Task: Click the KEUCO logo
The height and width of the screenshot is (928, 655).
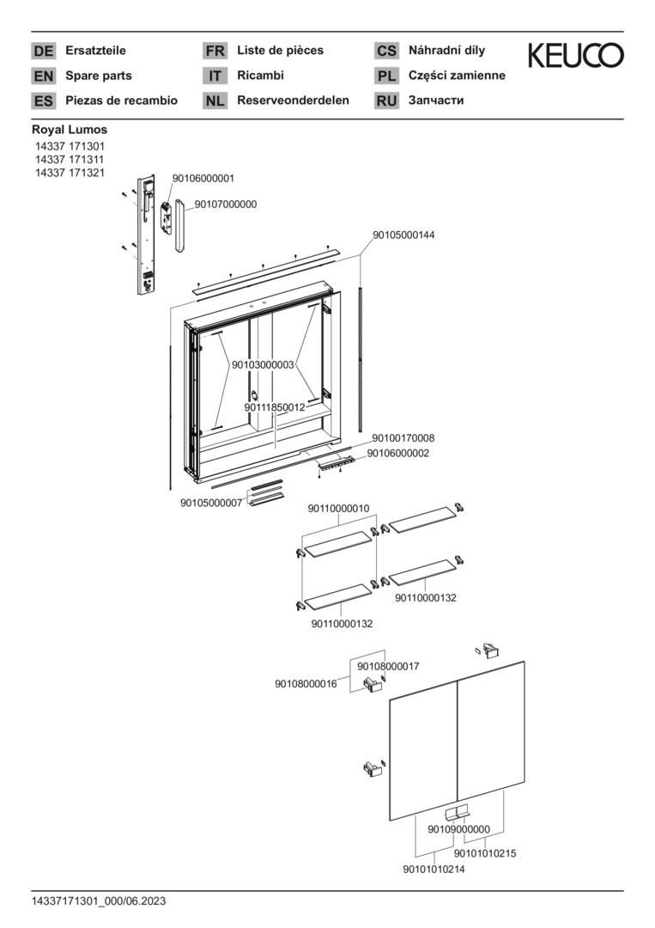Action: tap(575, 56)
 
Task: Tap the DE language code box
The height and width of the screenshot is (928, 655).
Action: tap(43, 51)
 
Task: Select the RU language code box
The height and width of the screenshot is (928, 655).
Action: tap(386, 101)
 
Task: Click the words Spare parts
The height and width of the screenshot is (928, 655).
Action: tap(99, 76)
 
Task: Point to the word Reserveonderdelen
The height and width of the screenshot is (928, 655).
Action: tap(293, 100)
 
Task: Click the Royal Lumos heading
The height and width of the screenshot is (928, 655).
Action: tap(70, 130)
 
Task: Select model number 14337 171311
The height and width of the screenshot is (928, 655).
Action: tap(70, 160)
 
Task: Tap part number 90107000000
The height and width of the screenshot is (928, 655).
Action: tap(226, 205)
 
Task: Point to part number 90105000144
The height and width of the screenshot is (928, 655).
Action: tap(403, 235)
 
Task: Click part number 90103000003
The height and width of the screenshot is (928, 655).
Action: tap(263, 364)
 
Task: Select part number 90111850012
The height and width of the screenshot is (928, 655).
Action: tap(274, 407)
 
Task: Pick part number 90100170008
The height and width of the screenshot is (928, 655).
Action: tap(403, 437)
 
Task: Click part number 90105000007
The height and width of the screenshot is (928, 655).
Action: tap(211, 503)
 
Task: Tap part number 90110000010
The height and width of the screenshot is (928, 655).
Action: tap(338, 509)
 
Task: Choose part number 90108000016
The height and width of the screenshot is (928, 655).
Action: tap(306, 684)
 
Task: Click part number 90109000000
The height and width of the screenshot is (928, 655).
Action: tap(458, 829)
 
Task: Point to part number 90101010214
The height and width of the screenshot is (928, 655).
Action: tap(434, 870)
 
